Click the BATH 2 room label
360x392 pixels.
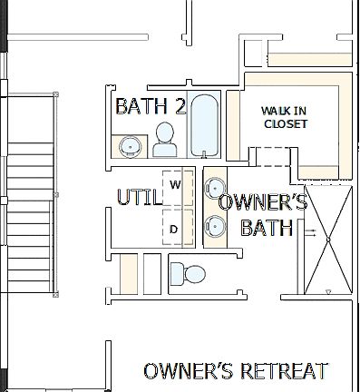(x=151, y=107)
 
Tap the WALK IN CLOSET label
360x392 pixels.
(x=285, y=117)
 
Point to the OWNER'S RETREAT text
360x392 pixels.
(x=236, y=371)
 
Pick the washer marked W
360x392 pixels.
(x=177, y=185)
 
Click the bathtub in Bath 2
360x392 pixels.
(x=204, y=126)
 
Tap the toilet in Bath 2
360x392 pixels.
(x=165, y=141)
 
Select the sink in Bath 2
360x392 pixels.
(x=131, y=146)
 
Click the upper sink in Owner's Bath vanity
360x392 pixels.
(x=214, y=188)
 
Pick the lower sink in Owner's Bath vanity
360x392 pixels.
(x=214, y=225)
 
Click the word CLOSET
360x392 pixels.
(x=286, y=124)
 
